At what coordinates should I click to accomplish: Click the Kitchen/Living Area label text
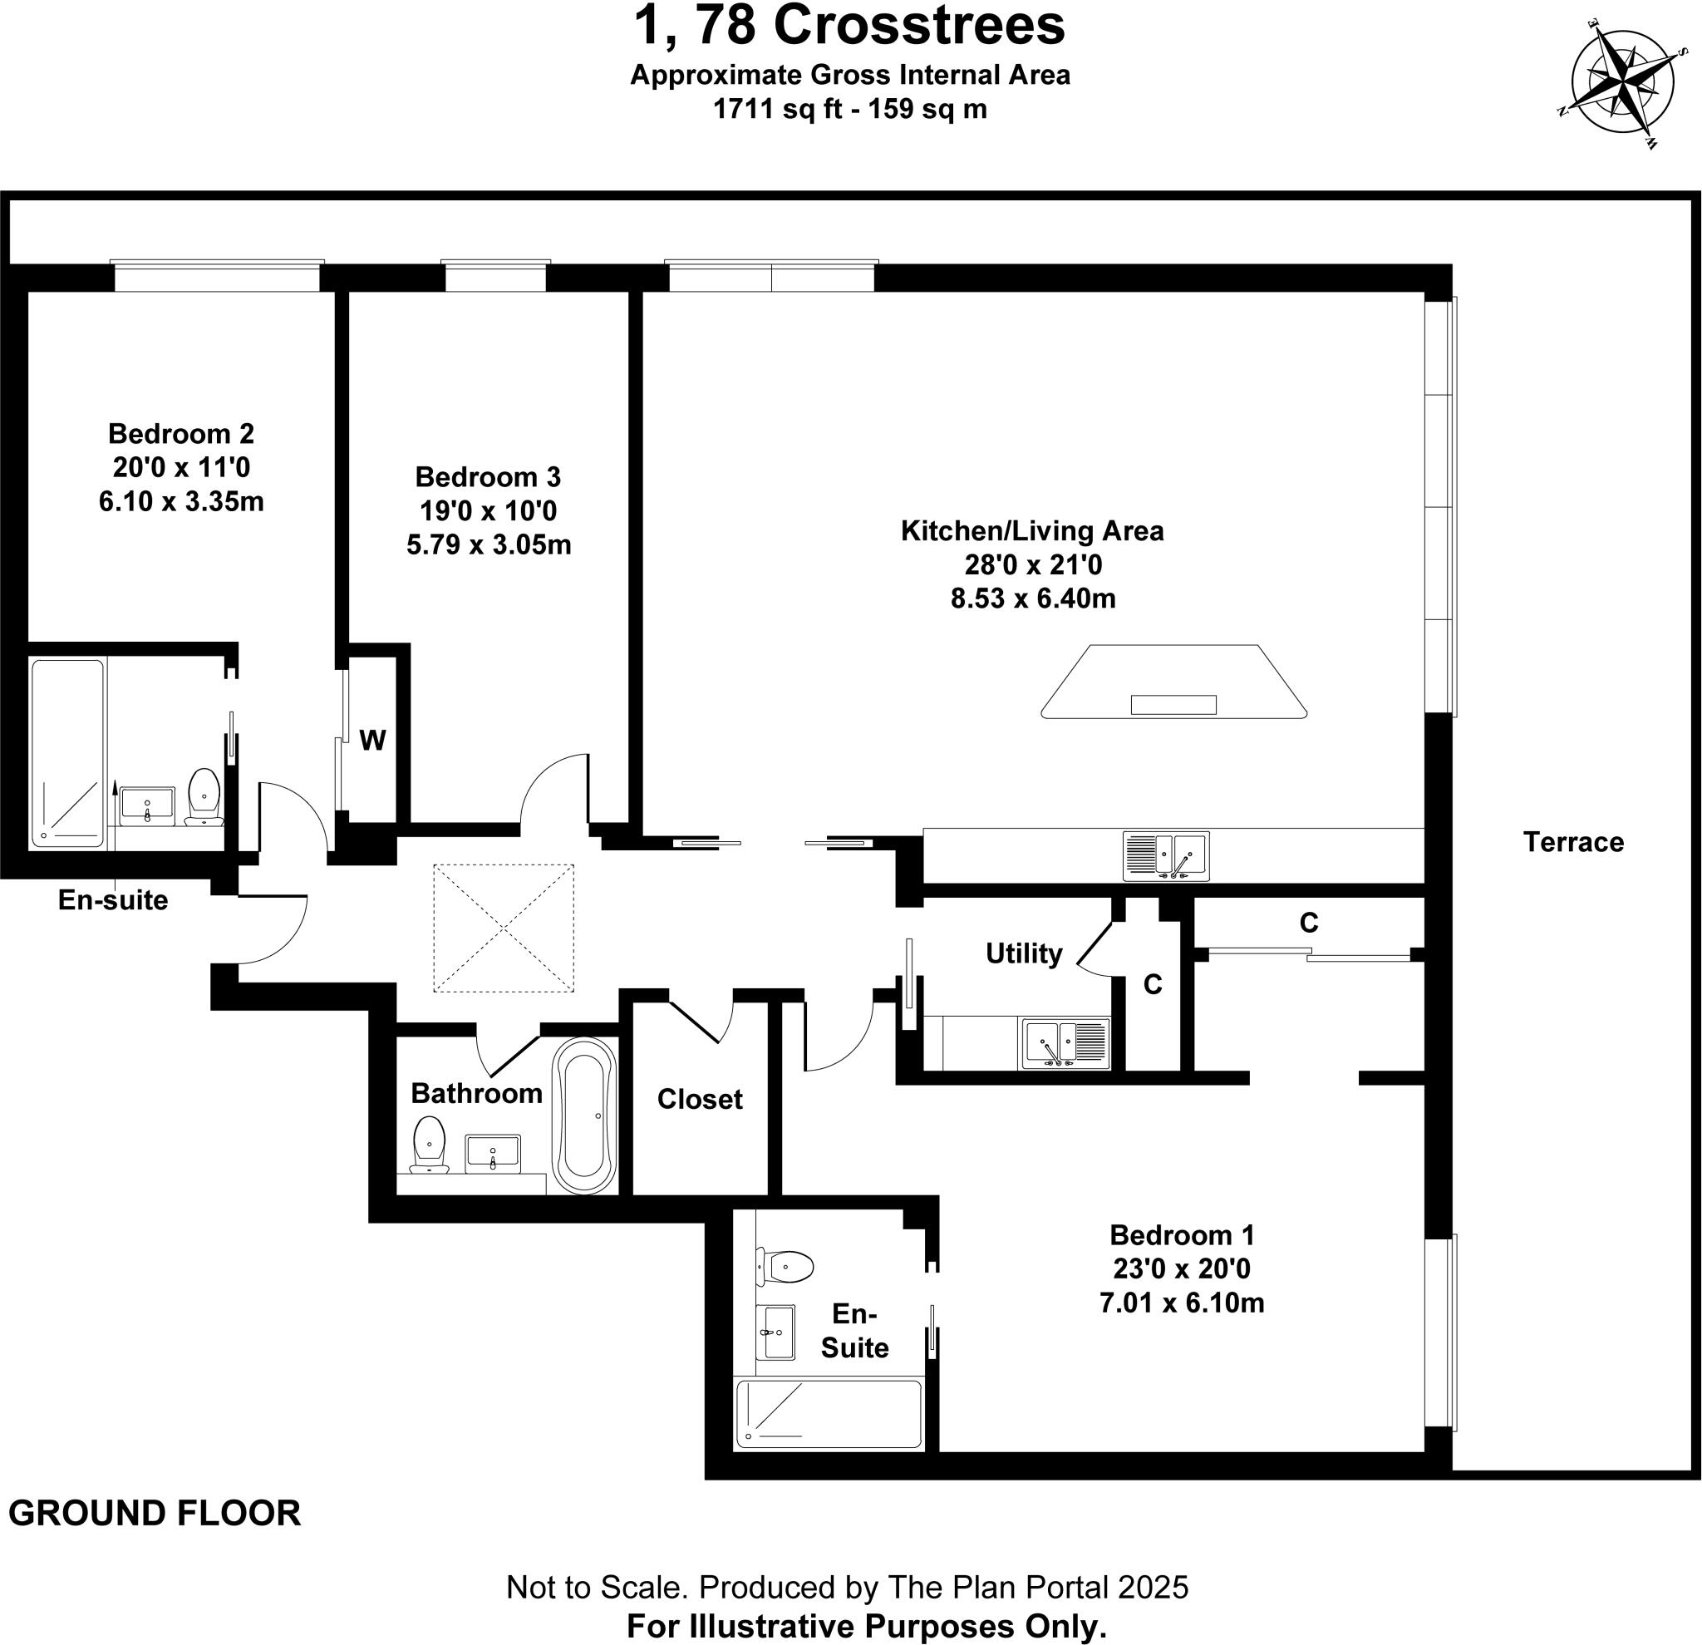coord(1031,530)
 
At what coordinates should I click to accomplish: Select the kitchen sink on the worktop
coord(1165,855)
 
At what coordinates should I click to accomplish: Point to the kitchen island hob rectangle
coord(1173,704)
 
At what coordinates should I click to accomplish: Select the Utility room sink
coord(1065,1043)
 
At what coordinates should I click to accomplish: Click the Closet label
coord(699,1100)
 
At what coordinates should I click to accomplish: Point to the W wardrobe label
coord(372,741)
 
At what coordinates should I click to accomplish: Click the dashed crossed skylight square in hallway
coord(504,928)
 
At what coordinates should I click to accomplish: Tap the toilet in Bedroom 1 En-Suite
coord(786,1266)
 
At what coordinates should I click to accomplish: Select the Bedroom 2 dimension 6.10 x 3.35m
coord(181,502)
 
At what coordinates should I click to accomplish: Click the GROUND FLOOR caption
coord(155,1514)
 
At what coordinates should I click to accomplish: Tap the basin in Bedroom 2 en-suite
coord(147,806)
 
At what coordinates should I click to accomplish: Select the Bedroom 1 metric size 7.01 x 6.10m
coord(1181,1303)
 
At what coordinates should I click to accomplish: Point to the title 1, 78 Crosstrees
coord(849,26)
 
